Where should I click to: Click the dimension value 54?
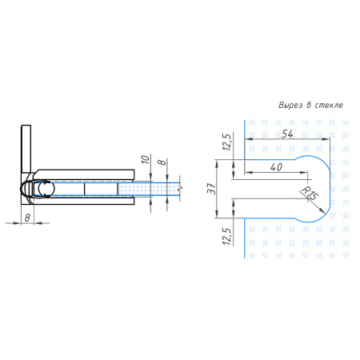(x=287, y=134)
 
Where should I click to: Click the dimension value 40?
(x=276, y=167)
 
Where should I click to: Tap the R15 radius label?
(x=310, y=193)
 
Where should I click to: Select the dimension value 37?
(x=212, y=189)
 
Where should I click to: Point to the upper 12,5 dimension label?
(x=226, y=142)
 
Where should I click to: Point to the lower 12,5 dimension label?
(x=226, y=236)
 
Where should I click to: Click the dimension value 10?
(x=146, y=159)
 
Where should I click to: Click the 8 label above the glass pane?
(x=162, y=162)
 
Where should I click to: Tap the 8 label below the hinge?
(x=27, y=218)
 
